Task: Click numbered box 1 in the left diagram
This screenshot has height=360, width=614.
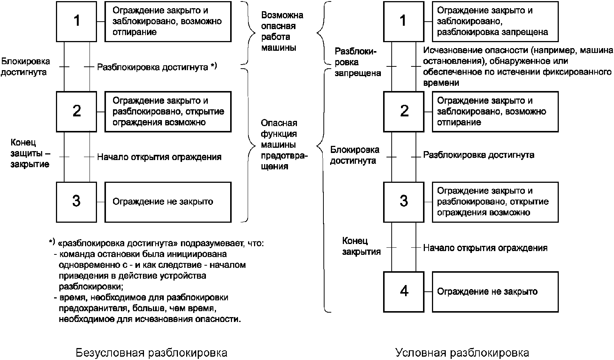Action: (76, 21)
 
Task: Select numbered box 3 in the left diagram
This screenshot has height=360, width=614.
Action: (76, 201)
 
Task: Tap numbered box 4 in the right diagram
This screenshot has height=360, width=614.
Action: (404, 291)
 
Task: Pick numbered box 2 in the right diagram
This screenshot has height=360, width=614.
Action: (404, 111)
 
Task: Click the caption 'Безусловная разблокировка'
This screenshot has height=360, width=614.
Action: (151, 353)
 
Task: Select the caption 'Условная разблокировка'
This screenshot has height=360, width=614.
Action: (462, 353)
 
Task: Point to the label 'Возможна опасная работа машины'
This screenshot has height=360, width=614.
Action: (282, 31)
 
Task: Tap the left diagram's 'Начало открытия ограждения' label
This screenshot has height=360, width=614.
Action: (159, 157)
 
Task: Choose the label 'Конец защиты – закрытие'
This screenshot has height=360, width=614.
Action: (30, 153)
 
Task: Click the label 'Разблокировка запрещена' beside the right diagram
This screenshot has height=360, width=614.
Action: (357, 62)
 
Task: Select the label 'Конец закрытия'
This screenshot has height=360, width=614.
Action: (361, 246)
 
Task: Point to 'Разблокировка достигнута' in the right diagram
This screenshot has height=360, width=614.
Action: (479, 155)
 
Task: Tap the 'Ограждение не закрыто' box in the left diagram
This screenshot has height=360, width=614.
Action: (167, 202)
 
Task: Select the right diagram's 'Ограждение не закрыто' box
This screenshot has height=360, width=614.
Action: (495, 291)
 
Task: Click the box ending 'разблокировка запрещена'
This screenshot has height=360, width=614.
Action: (495, 21)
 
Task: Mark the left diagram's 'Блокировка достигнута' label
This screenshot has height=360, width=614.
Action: (25, 66)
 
